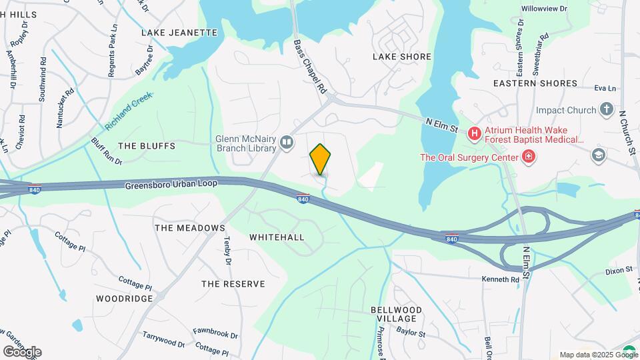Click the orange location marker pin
(x=320, y=159)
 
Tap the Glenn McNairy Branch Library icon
(x=287, y=142)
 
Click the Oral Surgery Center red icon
(x=529, y=157)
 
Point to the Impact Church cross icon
(x=606, y=109)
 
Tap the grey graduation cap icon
(x=599, y=155)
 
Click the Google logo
(x=22, y=352)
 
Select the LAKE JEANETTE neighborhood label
(x=179, y=32)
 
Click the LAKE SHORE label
(x=402, y=57)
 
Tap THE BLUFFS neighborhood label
(x=146, y=145)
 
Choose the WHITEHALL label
(x=277, y=237)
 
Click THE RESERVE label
(x=233, y=284)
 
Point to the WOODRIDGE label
(x=124, y=298)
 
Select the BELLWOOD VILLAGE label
(x=396, y=315)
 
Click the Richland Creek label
(x=129, y=111)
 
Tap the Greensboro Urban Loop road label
(x=171, y=185)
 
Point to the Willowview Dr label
(x=544, y=9)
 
